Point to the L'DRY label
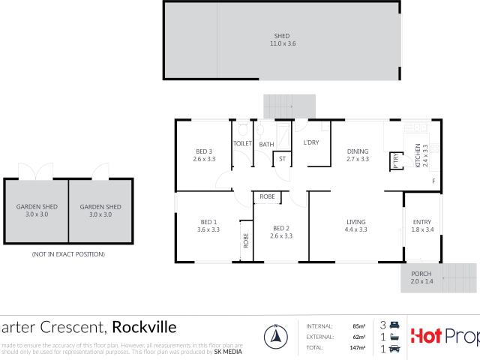click(312, 142)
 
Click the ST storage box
click(282, 159)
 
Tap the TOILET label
click(242, 142)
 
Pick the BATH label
click(266, 143)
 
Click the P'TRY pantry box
click(396, 160)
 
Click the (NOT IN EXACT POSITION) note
click(68, 255)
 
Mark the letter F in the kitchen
click(433, 181)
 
